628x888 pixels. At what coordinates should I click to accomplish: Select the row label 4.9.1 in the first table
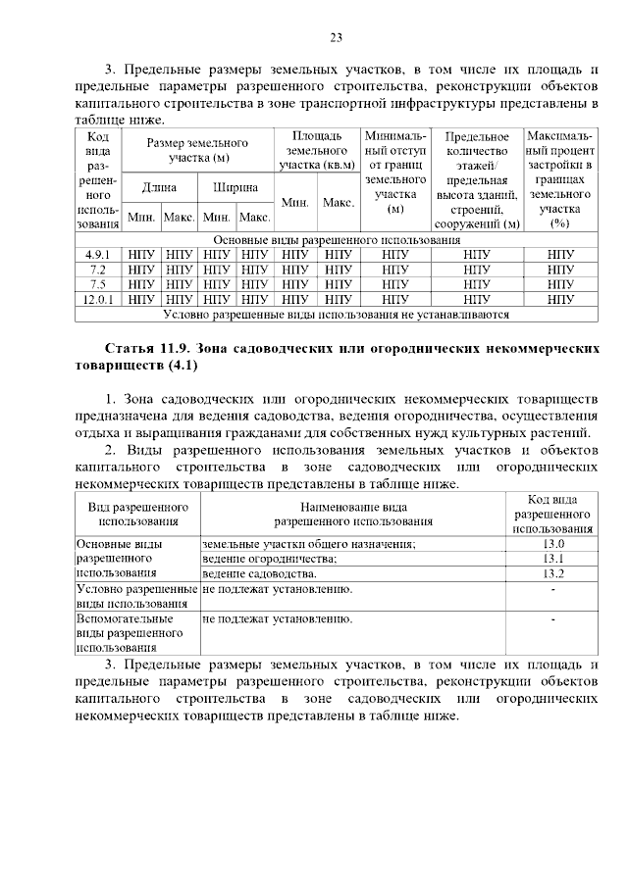point(97,255)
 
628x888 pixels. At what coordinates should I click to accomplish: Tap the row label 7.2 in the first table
point(97,270)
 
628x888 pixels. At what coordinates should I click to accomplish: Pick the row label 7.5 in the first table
point(97,284)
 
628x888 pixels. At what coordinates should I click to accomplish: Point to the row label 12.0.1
point(97,299)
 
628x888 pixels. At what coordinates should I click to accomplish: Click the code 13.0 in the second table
point(552,544)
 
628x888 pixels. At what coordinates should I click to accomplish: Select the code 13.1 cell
point(552,559)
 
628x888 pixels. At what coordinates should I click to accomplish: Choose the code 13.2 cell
point(552,573)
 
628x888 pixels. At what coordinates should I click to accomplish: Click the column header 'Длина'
point(159,186)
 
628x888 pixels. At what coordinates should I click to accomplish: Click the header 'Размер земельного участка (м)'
point(197,150)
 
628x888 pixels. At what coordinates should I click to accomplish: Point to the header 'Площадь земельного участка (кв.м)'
point(317,151)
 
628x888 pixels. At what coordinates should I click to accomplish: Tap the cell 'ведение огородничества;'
point(268,559)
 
